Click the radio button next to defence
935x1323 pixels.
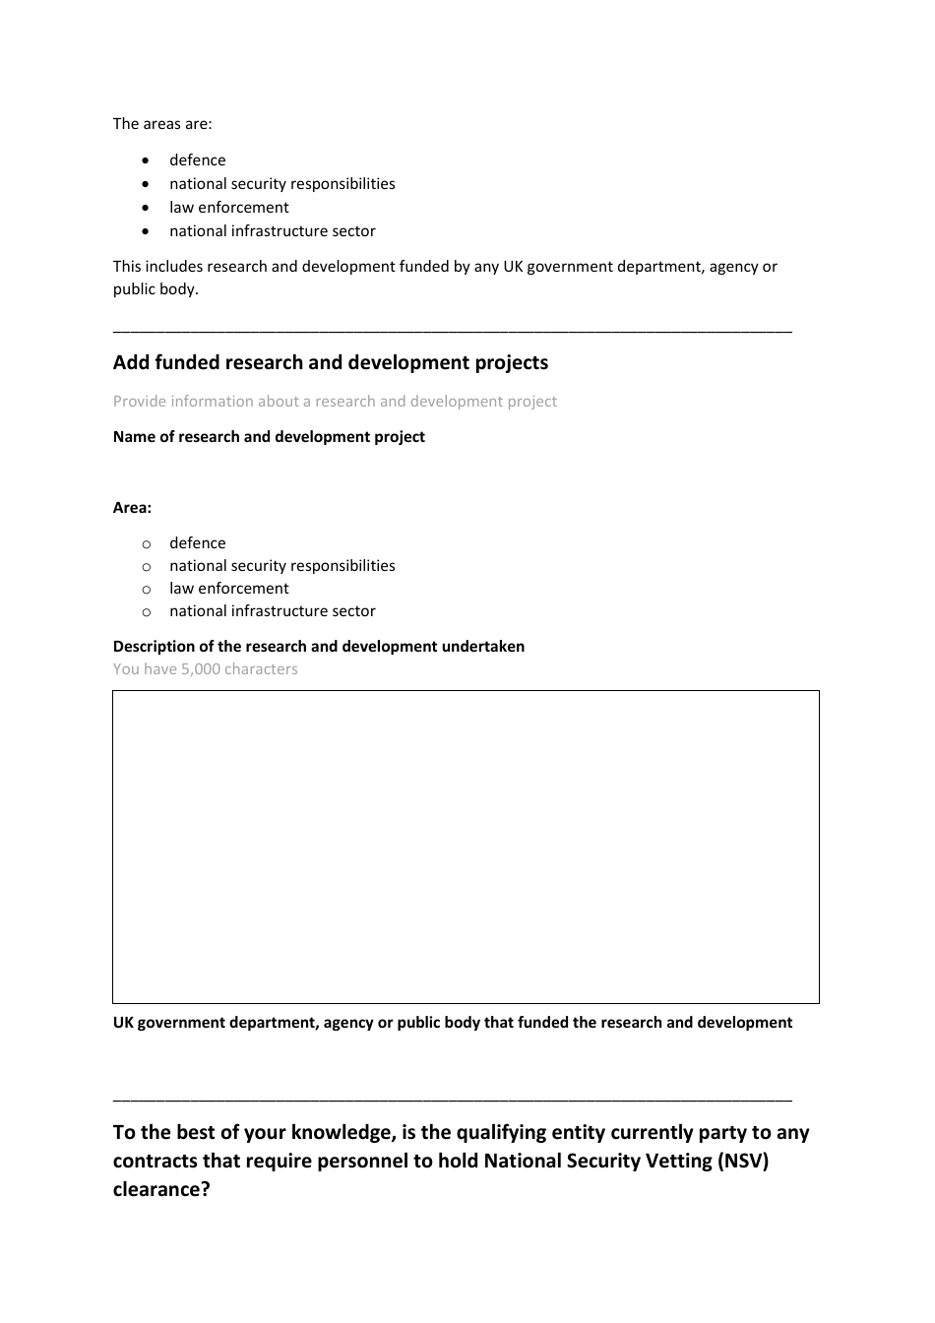click(147, 543)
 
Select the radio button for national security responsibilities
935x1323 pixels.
click(147, 566)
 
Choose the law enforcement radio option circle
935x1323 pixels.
click(147, 589)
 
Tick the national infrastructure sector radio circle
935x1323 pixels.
click(147, 611)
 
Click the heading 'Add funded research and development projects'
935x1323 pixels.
click(330, 362)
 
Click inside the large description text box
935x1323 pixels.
click(466, 847)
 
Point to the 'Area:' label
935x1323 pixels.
click(132, 508)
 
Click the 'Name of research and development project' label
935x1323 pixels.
click(269, 436)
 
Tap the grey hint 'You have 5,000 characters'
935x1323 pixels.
click(205, 669)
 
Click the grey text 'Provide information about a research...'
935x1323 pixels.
click(335, 401)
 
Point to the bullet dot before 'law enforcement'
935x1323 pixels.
click(147, 208)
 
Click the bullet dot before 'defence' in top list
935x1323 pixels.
click(147, 160)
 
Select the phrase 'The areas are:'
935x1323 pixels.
click(162, 124)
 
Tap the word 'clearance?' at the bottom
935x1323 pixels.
click(161, 1189)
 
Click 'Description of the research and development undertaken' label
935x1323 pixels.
click(318, 647)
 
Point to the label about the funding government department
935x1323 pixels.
click(452, 1023)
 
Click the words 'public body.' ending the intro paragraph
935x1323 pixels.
click(156, 289)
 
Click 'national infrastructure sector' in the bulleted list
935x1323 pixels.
click(272, 231)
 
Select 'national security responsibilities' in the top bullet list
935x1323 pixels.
click(281, 184)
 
